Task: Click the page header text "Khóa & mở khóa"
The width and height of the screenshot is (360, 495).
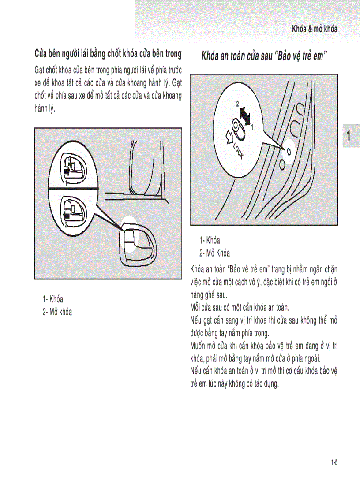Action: (x=315, y=29)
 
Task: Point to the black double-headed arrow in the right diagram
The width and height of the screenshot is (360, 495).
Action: (x=244, y=115)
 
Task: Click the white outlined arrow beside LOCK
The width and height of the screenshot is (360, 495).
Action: (x=229, y=137)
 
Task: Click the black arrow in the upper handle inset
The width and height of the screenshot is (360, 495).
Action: (x=67, y=170)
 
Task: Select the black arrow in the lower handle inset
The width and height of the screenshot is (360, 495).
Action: (x=67, y=215)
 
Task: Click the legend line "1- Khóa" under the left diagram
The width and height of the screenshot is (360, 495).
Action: (x=53, y=300)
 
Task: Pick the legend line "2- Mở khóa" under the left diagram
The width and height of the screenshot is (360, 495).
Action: (x=57, y=312)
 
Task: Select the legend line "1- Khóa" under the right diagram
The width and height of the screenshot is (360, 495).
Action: (x=210, y=241)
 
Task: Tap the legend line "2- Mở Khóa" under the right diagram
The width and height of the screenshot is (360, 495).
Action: (x=214, y=253)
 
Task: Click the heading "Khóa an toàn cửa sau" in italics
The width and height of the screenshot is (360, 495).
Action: (x=236, y=56)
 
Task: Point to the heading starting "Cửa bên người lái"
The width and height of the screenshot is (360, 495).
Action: (x=108, y=54)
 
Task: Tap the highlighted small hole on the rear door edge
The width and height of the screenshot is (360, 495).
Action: (x=289, y=151)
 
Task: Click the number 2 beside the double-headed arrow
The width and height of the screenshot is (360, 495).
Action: (x=237, y=104)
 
